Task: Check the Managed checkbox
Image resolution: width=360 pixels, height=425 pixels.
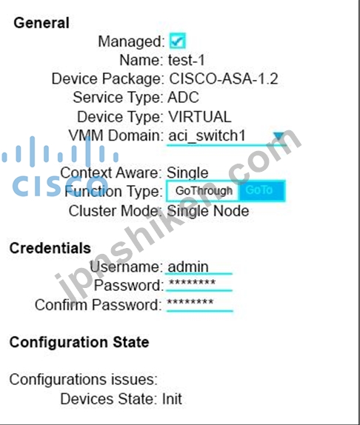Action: (178, 41)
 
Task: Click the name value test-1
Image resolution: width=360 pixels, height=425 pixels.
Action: (187, 60)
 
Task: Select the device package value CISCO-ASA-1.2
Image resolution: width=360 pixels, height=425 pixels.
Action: (224, 79)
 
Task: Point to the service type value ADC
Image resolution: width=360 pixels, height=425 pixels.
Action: (183, 98)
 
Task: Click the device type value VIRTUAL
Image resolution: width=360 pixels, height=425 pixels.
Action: (200, 117)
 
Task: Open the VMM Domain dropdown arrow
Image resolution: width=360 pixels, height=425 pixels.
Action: (279, 135)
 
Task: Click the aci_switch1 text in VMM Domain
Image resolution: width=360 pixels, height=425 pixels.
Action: (207, 135)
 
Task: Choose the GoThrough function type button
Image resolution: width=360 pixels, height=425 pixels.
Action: (204, 191)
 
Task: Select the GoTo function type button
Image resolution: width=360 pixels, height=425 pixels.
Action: (261, 191)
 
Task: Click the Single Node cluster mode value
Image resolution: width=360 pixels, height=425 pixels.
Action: (208, 211)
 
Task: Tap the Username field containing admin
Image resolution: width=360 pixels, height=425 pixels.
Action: (199, 267)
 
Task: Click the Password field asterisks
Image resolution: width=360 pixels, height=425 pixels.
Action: (199, 284)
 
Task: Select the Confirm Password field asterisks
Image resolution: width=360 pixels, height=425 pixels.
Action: (199, 304)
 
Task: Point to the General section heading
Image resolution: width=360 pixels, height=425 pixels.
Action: (41, 23)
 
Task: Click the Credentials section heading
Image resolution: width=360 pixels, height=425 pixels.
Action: (50, 248)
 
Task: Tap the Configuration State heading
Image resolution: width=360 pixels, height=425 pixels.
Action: (79, 342)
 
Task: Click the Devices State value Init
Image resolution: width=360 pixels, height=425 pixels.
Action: (172, 398)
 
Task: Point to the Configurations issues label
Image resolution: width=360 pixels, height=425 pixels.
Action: (84, 379)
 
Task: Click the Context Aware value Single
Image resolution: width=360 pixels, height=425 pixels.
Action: (187, 173)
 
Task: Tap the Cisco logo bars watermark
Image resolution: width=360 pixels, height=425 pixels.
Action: (60, 151)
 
